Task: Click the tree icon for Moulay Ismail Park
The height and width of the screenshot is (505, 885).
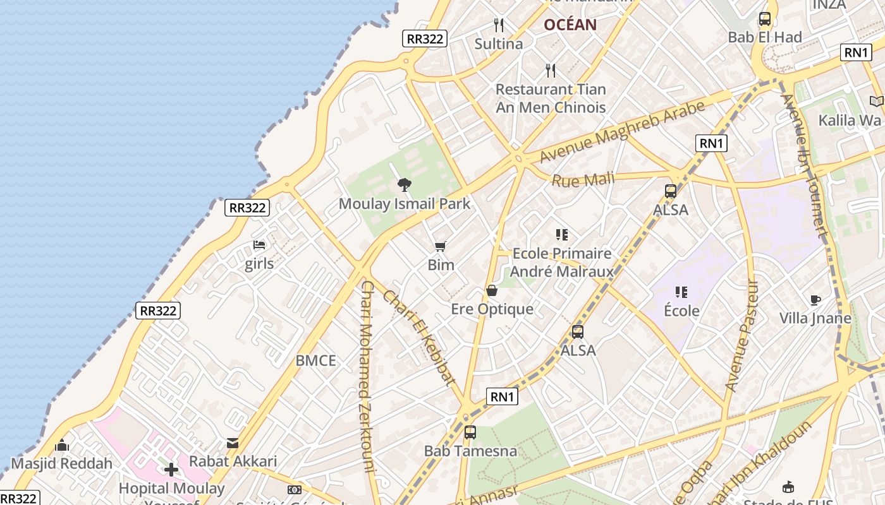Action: click(404, 185)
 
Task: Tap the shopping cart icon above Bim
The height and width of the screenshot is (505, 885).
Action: click(441, 246)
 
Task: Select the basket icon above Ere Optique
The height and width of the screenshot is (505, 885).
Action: click(492, 290)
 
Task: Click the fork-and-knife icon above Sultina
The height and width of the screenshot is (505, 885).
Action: click(499, 25)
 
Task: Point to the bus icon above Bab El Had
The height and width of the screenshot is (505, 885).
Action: click(765, 19)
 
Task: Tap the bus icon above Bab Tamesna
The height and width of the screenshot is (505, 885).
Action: click(470, 432)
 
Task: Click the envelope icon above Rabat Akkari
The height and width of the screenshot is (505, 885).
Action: click(233, 443)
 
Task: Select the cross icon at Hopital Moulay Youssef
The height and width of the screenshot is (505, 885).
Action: click(171, 470)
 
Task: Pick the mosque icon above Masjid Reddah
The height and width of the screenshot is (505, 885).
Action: click(61, 445)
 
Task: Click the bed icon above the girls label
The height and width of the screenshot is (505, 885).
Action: click(259, 245)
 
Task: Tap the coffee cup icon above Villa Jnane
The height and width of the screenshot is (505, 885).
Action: click(815, 300)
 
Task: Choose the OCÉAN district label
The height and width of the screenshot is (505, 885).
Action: click(570, 25)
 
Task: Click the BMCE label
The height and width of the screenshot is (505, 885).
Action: click(316, 361)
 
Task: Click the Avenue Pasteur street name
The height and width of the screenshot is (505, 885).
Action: click(741, 336)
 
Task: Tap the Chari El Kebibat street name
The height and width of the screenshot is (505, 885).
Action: click(418, 337)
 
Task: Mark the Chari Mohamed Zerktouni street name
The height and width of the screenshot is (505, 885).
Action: click(367, 376)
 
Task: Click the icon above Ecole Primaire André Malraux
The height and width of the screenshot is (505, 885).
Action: click(562, 235)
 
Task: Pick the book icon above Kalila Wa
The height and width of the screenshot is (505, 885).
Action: click(876, 101)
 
